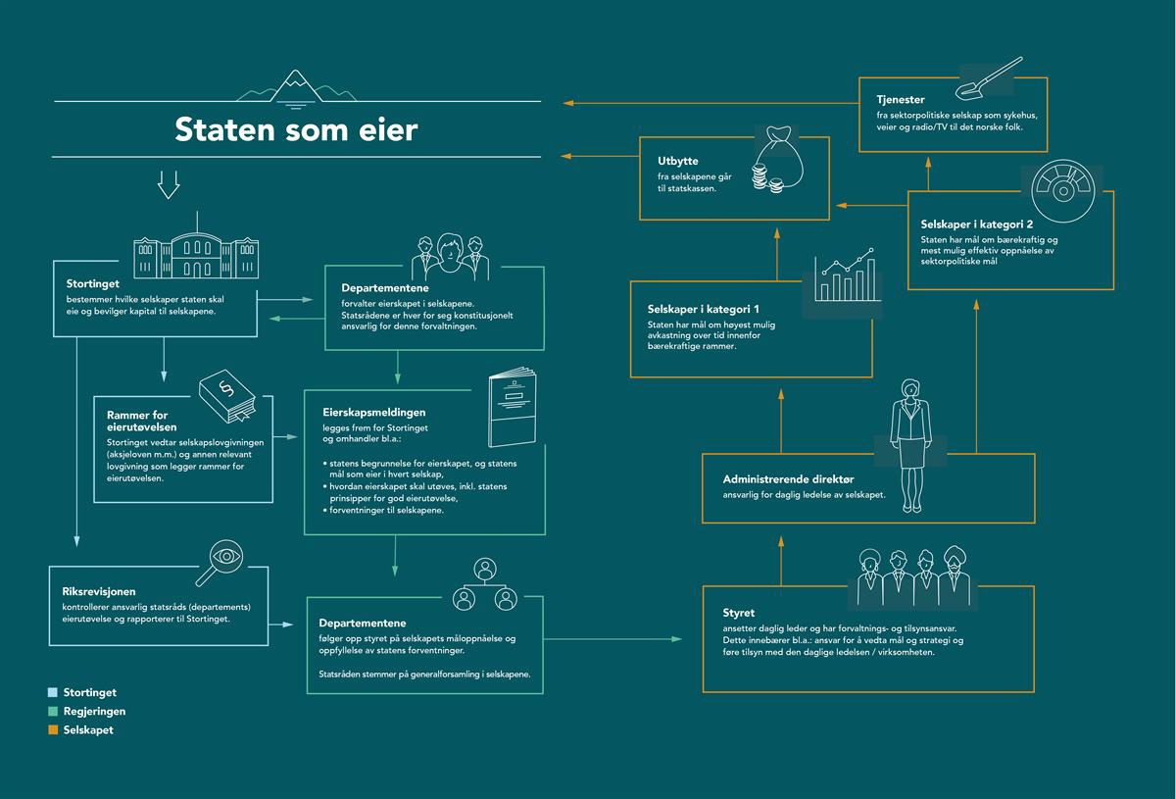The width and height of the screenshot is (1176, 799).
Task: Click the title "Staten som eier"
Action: [296, 129]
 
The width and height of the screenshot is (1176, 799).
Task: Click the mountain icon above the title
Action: [296, 89]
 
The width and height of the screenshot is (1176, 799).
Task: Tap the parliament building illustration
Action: [196, 246]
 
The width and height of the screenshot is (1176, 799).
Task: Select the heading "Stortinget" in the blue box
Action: [92, 283]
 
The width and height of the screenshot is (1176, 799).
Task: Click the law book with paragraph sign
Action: [226, 396]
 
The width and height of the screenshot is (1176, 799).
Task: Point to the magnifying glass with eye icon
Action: [220, 563]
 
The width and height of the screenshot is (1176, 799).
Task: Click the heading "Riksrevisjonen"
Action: [99, 591]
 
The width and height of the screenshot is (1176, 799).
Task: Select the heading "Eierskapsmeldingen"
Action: [373, 413]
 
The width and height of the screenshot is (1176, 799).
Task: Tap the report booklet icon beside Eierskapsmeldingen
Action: [513, 407]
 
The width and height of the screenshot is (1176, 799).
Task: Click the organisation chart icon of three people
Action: [484, 584]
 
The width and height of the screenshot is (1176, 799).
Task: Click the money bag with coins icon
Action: [777, 160]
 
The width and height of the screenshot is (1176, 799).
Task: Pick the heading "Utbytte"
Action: [678, 161]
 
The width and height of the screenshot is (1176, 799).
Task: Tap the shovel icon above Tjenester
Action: [989, 77]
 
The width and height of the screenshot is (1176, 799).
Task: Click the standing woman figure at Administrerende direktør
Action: [910, 445]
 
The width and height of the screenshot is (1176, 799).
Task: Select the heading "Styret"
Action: [738, 613]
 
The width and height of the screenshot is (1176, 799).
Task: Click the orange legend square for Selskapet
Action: [53, 729]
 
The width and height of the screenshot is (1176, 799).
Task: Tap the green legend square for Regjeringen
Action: [53, 712]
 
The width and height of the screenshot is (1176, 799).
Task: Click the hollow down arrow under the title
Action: [169, 184]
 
